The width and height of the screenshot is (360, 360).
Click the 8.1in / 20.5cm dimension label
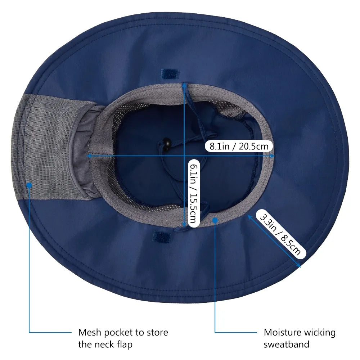(239, 146)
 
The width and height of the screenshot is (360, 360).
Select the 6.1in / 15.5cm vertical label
(194, 193)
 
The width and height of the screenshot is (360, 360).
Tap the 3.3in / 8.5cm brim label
(280, 234)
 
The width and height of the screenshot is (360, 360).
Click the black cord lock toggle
(166, 144)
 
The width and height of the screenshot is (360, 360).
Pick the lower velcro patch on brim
(162, 237)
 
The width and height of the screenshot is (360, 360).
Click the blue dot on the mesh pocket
(29, 185)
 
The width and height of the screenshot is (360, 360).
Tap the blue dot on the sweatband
(215, 220)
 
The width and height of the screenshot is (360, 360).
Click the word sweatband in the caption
(287, 345)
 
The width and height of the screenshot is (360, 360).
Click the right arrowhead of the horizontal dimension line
(272, 156)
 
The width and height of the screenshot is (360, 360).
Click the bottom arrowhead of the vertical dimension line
(184, 225)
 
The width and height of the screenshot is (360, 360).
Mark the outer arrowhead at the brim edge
(299, 266)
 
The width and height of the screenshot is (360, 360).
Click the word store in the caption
(158, 332)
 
